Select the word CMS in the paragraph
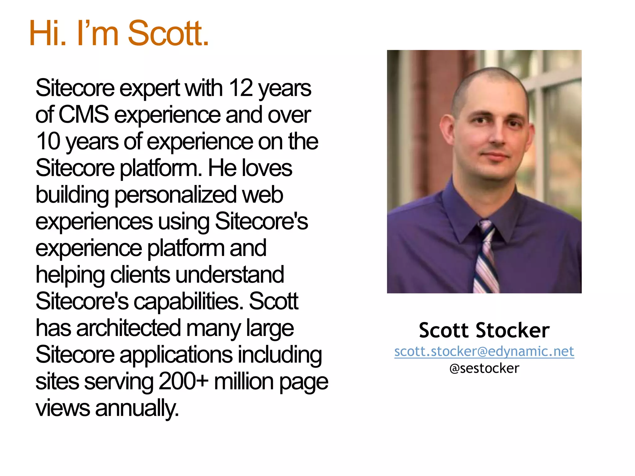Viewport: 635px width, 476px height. pos(83,115)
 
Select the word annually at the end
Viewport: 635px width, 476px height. pos(137,408)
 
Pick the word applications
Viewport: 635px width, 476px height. pos(176,355)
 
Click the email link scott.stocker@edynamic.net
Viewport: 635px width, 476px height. pos(484,351)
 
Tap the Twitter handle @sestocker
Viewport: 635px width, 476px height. pos(484,368)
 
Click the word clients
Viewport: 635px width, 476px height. pos(140,275)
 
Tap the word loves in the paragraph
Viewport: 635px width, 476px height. pos(267,168)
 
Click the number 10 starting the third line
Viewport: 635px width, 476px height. pos(48,141)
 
